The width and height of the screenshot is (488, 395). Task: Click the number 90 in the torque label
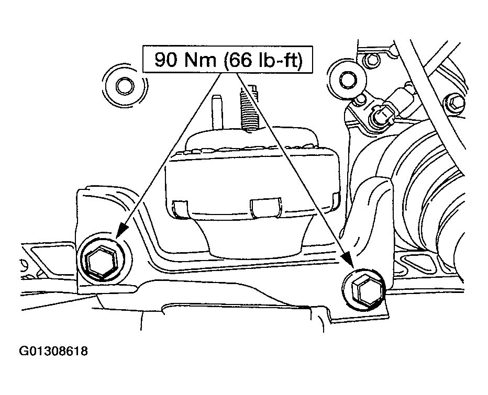click(x=167, y=60)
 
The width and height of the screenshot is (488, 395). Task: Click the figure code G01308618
click(x=53, y=351)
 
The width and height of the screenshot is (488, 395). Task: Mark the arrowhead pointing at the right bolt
click(x=349, y=259)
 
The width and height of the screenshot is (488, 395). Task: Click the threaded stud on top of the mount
click(x=249, y=109)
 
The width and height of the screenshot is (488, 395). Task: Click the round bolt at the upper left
click(x=125, y=85)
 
